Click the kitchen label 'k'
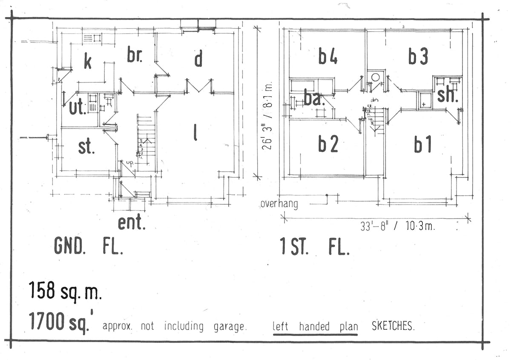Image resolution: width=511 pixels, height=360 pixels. (x=88, y=62)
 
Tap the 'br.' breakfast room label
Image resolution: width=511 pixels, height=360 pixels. (x=135, y=55)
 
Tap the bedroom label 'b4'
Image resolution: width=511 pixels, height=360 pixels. (x=328, y=56)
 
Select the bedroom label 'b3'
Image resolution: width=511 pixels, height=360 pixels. (x=418, y=56)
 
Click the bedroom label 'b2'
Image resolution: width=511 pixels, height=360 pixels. (x=328, y=145)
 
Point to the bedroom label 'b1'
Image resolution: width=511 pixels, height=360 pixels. (x=423, y=145)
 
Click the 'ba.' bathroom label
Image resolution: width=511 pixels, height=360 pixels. (x=314, y=98)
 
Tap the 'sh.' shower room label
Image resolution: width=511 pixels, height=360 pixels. (x=447, y=96)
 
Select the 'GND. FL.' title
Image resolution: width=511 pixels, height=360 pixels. (x=89, y=246)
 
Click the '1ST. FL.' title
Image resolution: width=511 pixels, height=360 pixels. (x=315, y=246)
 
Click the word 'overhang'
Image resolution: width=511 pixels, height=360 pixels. (x=279, y=204)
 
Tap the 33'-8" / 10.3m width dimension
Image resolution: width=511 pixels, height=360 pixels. (x=397, y=226)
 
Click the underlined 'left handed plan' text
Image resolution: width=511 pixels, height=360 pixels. (x=315, y=326)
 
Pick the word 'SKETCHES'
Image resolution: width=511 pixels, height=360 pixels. (x=393, y=326)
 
